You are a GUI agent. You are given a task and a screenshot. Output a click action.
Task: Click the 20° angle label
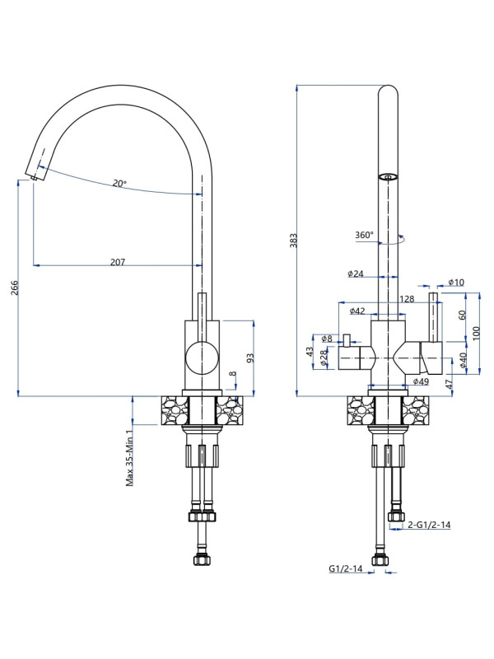119,184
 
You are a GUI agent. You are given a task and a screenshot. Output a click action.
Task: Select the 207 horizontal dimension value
118,262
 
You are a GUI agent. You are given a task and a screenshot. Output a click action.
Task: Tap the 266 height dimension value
14,287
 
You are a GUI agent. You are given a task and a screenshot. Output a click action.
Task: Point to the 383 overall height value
293,241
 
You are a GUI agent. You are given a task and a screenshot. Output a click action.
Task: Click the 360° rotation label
364,235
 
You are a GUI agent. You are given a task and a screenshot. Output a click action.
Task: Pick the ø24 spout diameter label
356,274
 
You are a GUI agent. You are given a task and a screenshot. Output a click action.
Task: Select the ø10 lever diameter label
456,282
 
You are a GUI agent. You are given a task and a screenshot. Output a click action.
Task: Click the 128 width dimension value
407,299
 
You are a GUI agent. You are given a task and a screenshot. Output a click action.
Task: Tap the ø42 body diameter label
357,311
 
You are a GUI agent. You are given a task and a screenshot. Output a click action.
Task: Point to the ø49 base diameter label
421,381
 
